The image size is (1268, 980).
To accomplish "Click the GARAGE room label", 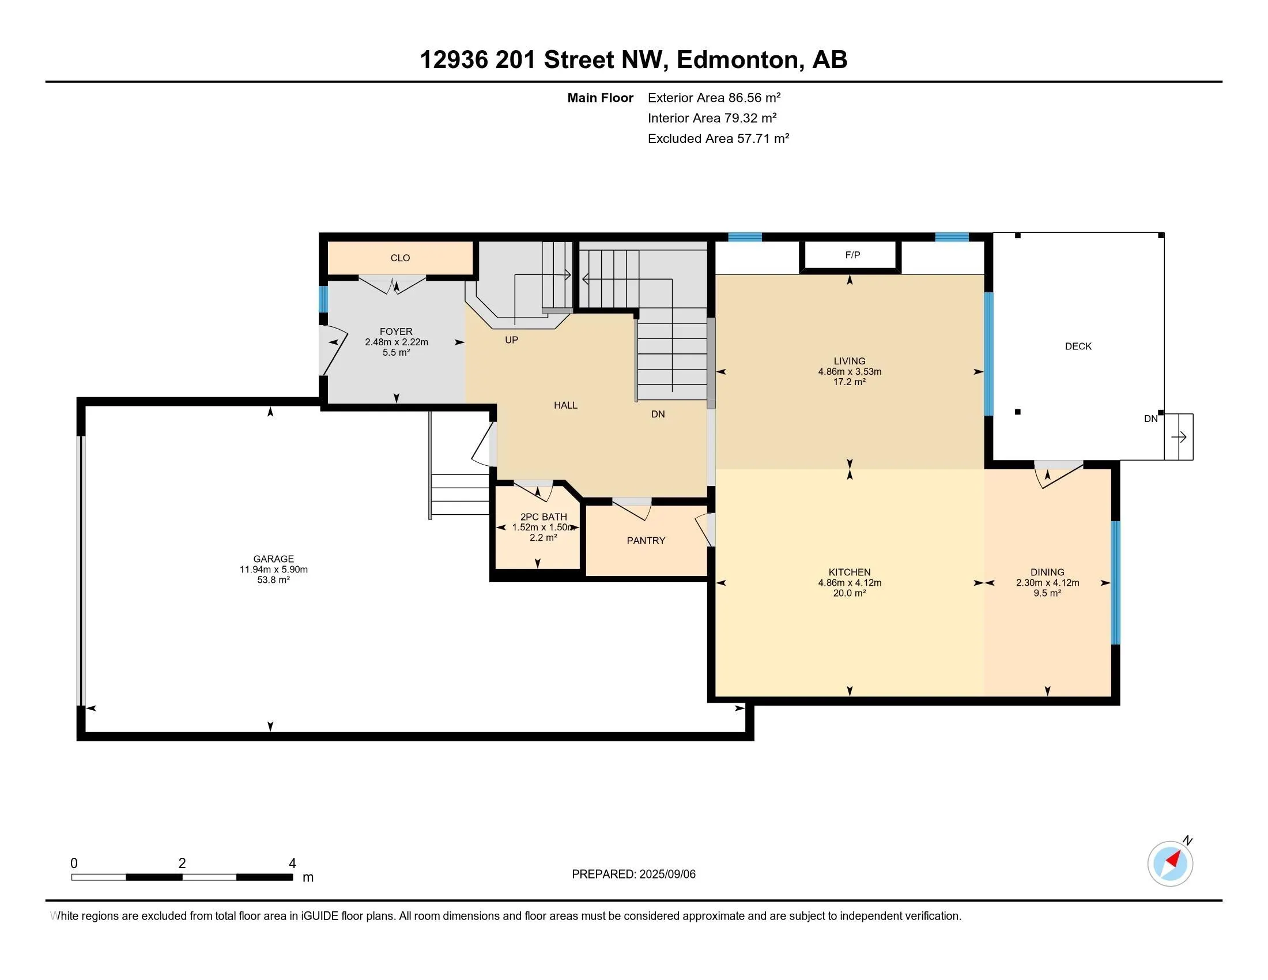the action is (x=273, y=559).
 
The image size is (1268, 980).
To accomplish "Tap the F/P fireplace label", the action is (x=852, y=255).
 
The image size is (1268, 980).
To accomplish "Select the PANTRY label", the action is (x=646, y=541).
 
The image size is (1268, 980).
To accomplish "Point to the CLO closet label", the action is (x=400, y=258).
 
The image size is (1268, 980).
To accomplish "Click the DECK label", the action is (x=1078, y=346).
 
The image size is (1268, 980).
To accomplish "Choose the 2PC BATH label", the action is (x=544, y=517).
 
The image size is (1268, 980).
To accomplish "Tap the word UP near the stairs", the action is (x=511, y=340).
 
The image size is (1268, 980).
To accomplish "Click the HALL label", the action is (x=565, y=405).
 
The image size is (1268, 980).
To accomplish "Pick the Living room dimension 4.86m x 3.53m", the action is (x=850, y=372).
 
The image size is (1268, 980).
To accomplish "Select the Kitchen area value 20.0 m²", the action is (x=850, y=593).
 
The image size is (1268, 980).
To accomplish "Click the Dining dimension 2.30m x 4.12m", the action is (x=1047, y=583).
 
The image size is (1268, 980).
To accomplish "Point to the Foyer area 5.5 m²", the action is (x=397, y=352).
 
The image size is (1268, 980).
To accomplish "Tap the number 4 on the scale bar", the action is (x=293, y=864).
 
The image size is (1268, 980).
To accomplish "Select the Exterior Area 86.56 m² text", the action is (x=714, y=97).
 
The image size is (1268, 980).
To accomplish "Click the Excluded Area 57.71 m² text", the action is (x=718, y=138).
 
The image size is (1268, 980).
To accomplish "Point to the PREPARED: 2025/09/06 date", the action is (x=633, y=875).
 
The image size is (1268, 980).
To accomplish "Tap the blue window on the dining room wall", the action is (x=1115, y=583).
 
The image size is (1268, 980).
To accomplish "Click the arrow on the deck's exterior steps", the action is (x=1179, y=436).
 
